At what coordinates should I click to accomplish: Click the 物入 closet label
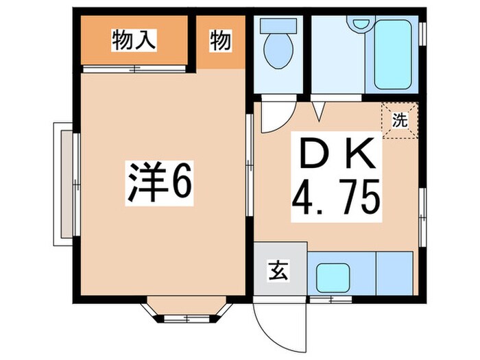click(135, 40)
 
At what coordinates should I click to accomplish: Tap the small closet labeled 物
click(219, 41)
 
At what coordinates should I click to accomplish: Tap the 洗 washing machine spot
click(400, 119)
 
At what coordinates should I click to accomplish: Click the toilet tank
click(278, 25)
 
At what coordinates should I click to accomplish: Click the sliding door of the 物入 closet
click(134, 68)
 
